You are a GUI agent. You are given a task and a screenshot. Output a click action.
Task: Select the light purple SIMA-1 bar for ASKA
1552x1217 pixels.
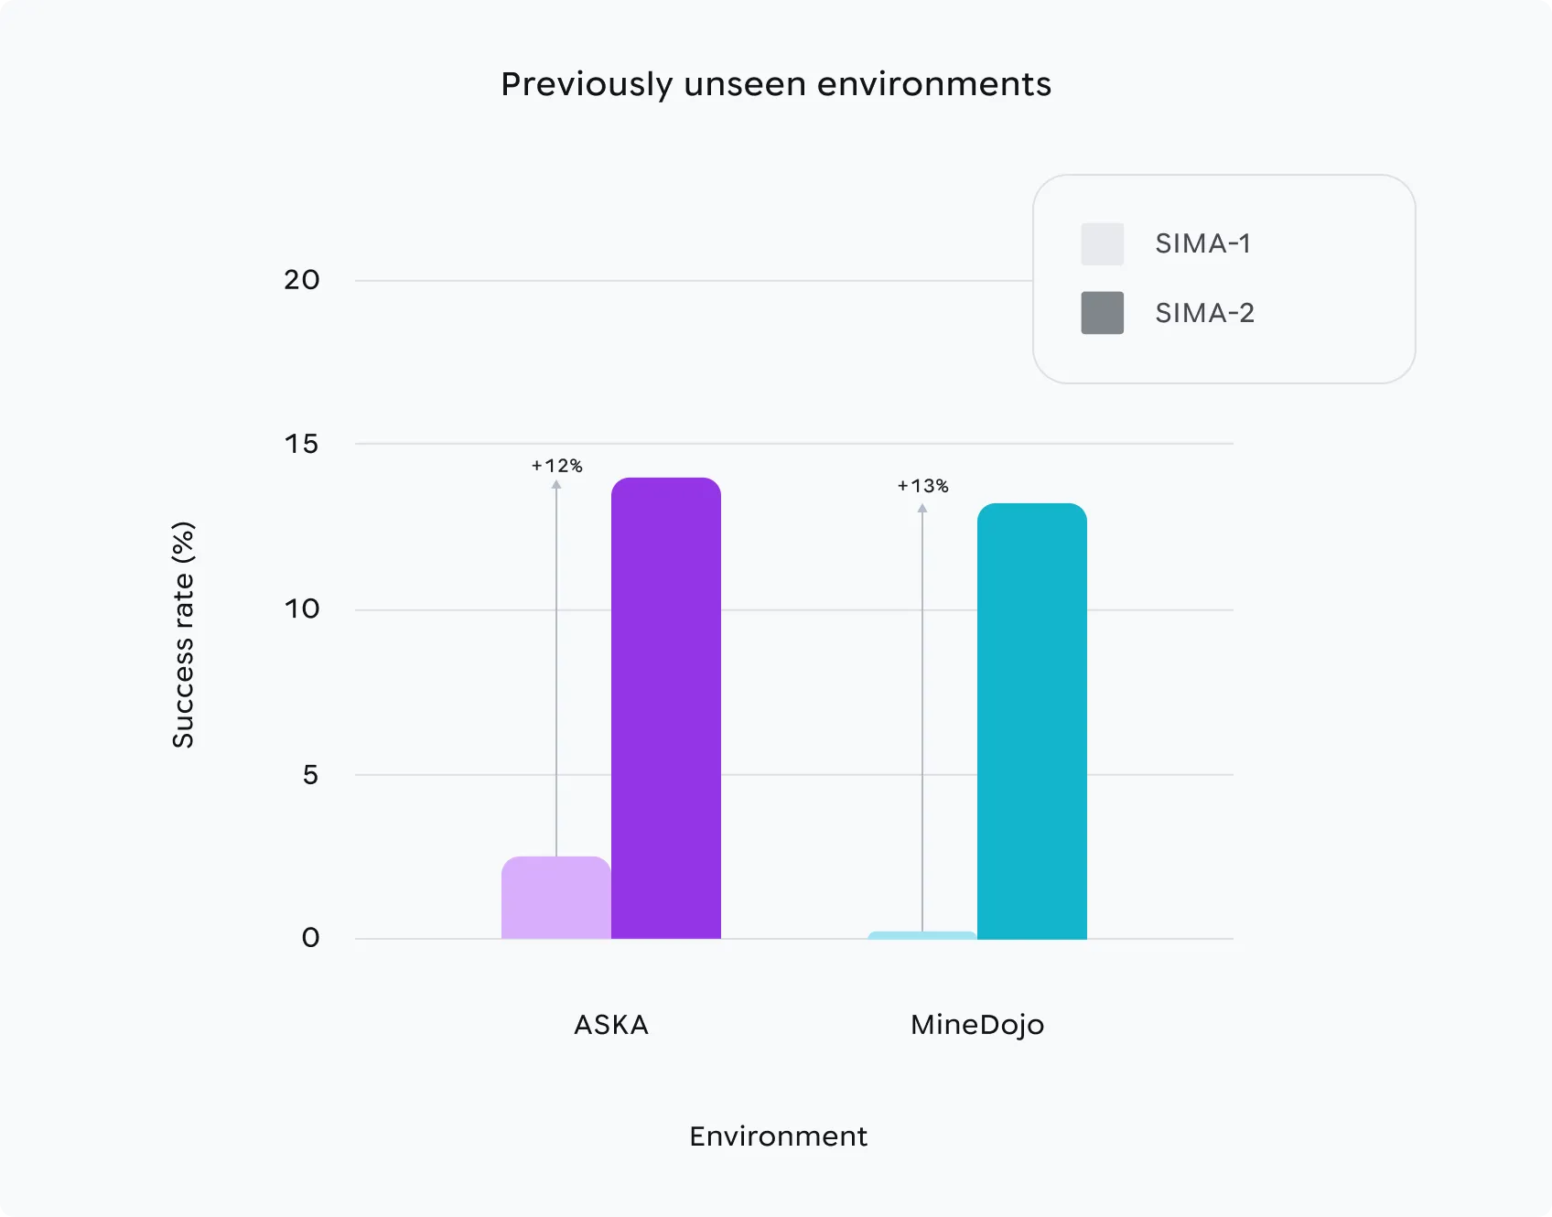[x=555, y=898]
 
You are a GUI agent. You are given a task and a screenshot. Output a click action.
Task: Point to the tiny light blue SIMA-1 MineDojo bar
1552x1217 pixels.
[x=921, y=935]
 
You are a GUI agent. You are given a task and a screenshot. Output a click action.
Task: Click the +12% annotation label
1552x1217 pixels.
[x=556, y=466]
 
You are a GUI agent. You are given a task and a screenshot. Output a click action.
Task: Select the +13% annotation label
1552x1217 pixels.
[x=922, y=486]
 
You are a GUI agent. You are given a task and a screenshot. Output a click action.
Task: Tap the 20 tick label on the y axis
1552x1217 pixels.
[x=302, y=280]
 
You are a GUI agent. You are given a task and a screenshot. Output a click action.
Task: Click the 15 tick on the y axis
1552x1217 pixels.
[x=302, y=445]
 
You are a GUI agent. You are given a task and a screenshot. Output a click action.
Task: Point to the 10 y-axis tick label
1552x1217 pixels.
[x=302, y=609]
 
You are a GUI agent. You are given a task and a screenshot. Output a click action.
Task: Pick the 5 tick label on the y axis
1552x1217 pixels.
[x=310, y=775]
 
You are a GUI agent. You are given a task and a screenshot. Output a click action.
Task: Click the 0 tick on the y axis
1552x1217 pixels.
[x=310, y=938]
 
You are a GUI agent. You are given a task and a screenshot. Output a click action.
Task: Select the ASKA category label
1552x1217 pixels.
[x=611, y=1025]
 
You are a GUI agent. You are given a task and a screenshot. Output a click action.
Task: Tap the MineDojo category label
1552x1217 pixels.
[x=977, y=1025]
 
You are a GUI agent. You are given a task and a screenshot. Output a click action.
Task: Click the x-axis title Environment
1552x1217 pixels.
[x=778, y=1136]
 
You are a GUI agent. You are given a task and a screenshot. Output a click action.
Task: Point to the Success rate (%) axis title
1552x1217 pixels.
[x=183, y=635]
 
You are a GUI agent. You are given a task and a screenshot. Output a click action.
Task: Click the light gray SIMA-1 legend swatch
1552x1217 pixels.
[x=1102, y=244]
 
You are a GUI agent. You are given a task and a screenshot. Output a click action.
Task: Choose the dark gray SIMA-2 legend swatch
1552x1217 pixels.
[x=1102, y=313]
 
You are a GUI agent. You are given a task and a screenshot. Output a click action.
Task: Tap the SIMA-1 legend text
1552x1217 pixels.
[x=1202, y=244]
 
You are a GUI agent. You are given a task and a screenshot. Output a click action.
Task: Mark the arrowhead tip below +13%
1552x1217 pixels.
[x=922, y=505]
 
